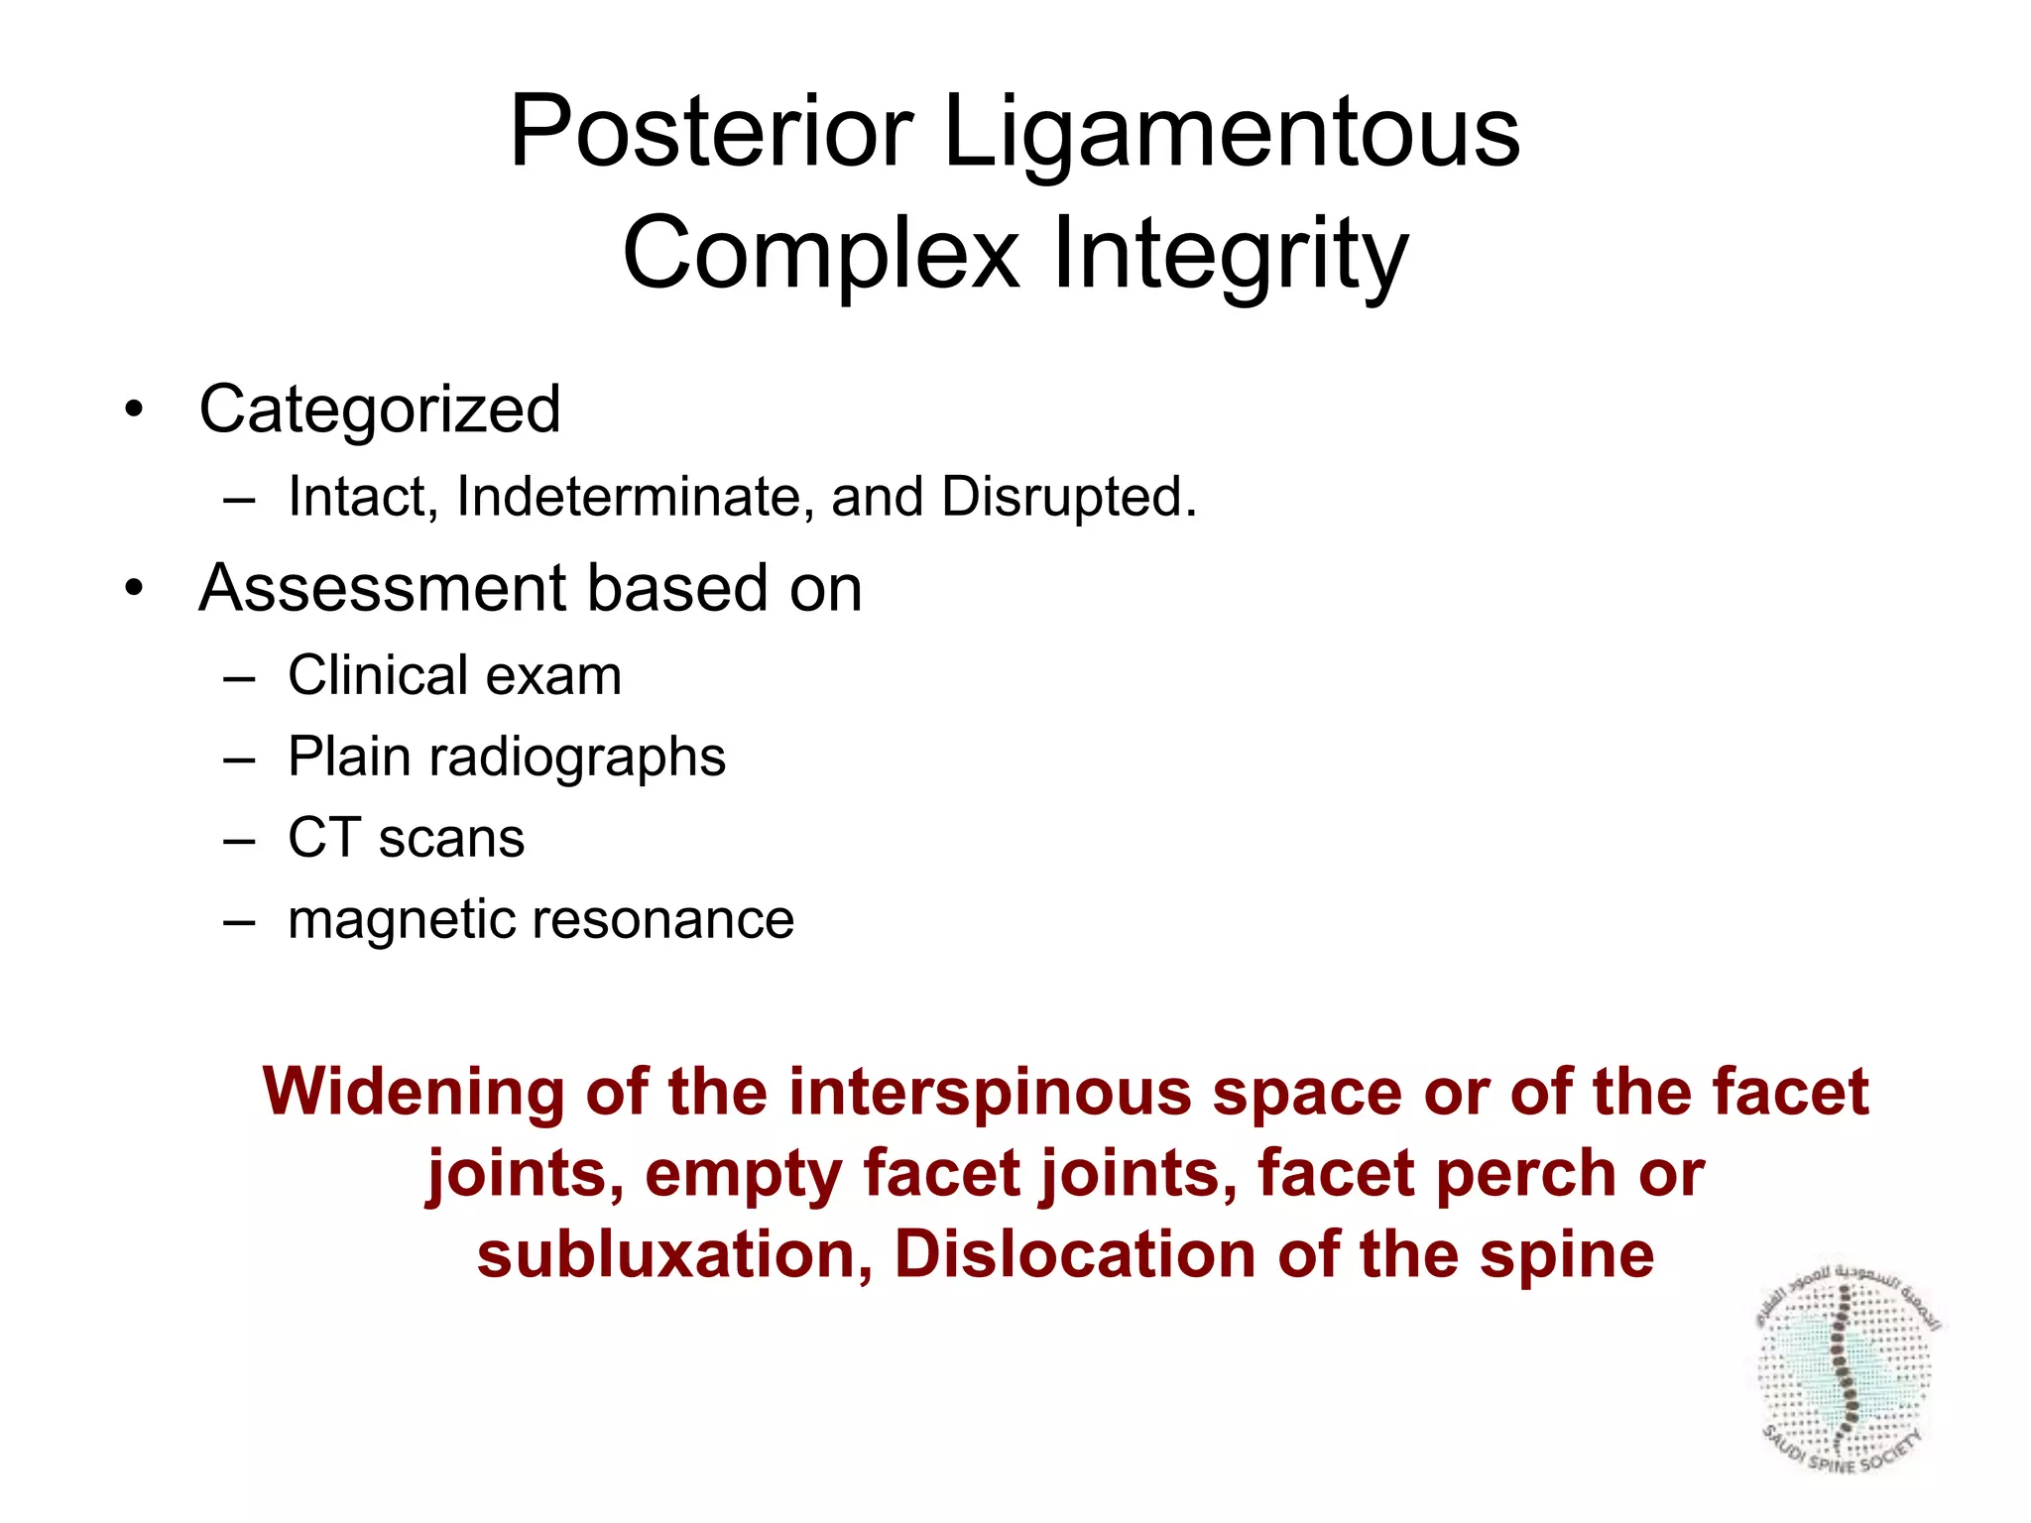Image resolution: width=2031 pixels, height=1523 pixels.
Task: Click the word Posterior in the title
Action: pyautogui.click(x=710, y=132)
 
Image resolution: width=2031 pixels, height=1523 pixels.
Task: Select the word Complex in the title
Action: pyautogui.click(x=821, y=255)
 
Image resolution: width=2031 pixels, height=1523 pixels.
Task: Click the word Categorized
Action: pyautogui.click(x=380, y=410)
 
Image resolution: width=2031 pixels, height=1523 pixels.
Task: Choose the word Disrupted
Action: pyautogui.click(x=1068, y=499)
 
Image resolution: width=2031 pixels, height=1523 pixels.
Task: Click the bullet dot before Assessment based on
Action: pyautogui.click(x=134, y=589)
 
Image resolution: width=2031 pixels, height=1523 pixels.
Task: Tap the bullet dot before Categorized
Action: pyautogui.click(x=134, y=410)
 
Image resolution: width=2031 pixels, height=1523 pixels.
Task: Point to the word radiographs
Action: pyautogui.click(x=576, y=759)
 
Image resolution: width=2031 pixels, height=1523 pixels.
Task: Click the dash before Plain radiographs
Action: pyautogui.click(x=239, y=759)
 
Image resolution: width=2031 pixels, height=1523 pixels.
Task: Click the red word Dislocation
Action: pyautogui.click(x=1074, y=1255)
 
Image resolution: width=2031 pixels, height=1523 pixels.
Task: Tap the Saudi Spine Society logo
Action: pyautogui.click(x=1846, y=1373)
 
